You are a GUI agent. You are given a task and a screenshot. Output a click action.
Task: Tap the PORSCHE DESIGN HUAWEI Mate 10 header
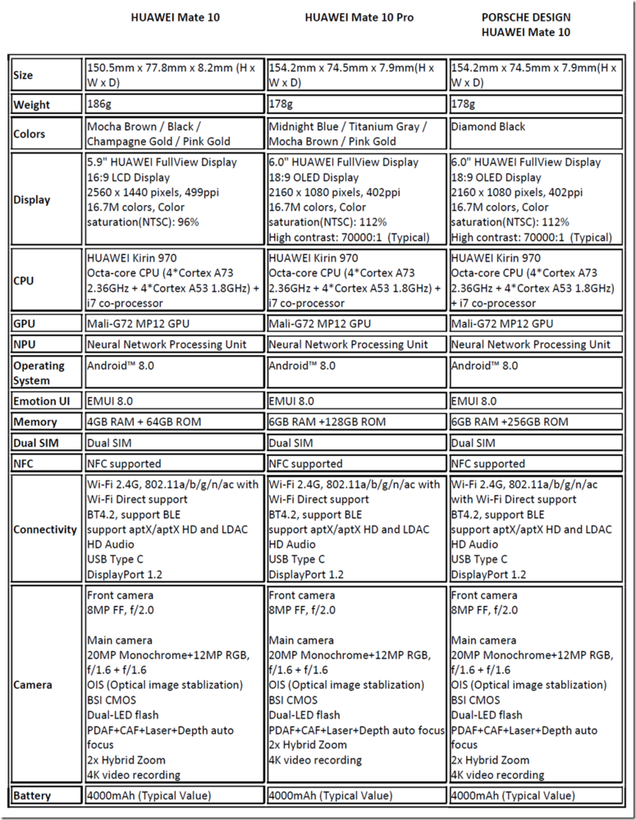(525, 25)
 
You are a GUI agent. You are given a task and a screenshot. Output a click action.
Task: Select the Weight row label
(31, 105)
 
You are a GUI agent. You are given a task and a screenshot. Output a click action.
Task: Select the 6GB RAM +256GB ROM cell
(509, 422)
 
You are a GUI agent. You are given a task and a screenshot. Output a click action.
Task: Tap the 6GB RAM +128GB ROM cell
(327, 422)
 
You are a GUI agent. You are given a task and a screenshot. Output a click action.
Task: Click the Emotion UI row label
(41, 402)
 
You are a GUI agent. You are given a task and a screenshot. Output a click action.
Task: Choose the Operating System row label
(39, 372)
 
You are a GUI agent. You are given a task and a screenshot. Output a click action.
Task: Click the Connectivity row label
(45, 530)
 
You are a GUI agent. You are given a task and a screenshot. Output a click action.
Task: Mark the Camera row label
(33, 685)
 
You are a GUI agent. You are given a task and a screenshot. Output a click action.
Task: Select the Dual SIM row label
(35, 443)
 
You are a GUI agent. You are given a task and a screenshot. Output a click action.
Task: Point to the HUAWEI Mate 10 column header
(175, 16)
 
